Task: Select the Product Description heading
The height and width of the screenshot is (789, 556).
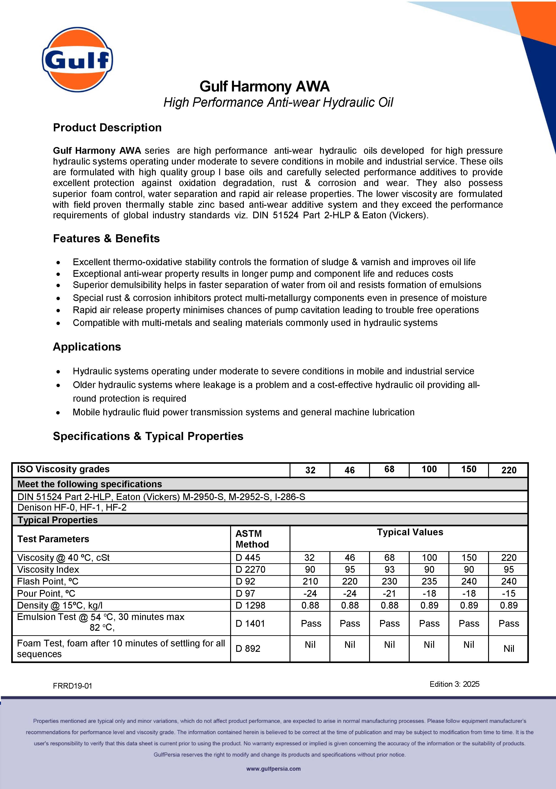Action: [107, 128]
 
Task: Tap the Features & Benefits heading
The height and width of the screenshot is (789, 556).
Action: [106, 238]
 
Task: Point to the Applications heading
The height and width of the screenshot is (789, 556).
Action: [87, 347]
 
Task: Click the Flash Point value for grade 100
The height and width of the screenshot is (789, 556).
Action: [429, 581]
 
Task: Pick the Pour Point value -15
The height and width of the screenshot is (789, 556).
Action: [508, 594]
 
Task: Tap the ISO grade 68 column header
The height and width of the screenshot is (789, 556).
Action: [389, 469]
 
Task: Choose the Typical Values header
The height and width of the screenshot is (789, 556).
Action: [410, 532]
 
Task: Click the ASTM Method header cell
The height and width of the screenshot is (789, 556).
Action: [252, 539]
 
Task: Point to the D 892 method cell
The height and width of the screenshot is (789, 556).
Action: [248, 648]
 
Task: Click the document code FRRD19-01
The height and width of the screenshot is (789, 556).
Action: [73, 686]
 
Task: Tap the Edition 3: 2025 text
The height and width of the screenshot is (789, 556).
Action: [454, 684]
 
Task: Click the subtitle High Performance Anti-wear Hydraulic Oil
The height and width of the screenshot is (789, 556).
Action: [278, 102]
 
